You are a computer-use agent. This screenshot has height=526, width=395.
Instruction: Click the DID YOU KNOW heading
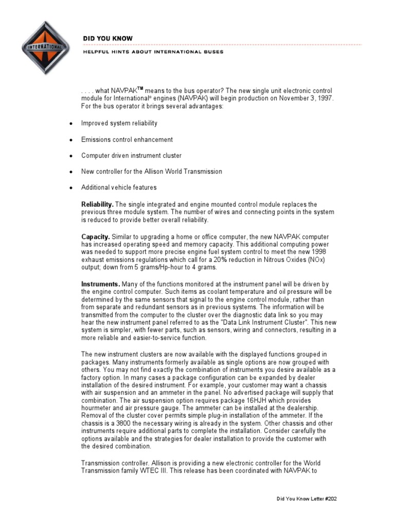click(x=107, y=39)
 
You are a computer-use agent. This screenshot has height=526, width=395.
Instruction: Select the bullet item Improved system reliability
click(x=119, y=123)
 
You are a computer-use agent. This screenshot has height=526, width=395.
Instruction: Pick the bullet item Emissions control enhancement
click(x=127, y=139)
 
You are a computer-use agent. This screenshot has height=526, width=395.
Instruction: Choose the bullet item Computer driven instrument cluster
click(x=131, y=155)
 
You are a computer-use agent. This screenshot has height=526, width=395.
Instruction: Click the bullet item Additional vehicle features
click(x=119, y=187)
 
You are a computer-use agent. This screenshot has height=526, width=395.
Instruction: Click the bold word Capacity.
click(x=96, y=236)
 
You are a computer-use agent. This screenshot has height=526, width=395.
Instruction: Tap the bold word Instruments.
click(x=101, y=284)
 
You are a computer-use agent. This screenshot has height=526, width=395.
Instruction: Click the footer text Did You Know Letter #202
click(x=307, y=499)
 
